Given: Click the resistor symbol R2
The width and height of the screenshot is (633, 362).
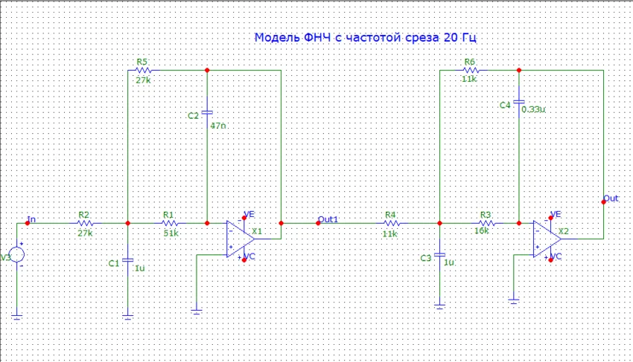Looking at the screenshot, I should pyautogui.click(x=85, y=222).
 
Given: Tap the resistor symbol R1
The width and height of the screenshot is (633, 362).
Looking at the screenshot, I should pyautogui.click(x=171, y=222).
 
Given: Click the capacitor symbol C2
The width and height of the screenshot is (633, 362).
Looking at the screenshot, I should pyautogui.click(x=207, y=114).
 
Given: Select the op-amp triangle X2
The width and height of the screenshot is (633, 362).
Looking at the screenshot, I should pyautogui.click(x=546, y=239).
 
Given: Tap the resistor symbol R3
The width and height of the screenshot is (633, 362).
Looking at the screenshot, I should pyautogui.click(x=486, y=222).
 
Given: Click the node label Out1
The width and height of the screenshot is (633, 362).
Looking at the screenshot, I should pyautogui.click(x=328, y=219).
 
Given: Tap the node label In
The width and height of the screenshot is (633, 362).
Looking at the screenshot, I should pyautogui.click(x=31, y=219).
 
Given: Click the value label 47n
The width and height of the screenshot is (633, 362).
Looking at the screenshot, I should pyautogui.click(x=218, y=126).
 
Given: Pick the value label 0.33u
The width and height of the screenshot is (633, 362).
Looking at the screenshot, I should pyautogui.click(x=534, y=109).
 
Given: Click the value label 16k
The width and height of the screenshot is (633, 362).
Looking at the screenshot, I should pyautogui.click(x=482, y=231).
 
